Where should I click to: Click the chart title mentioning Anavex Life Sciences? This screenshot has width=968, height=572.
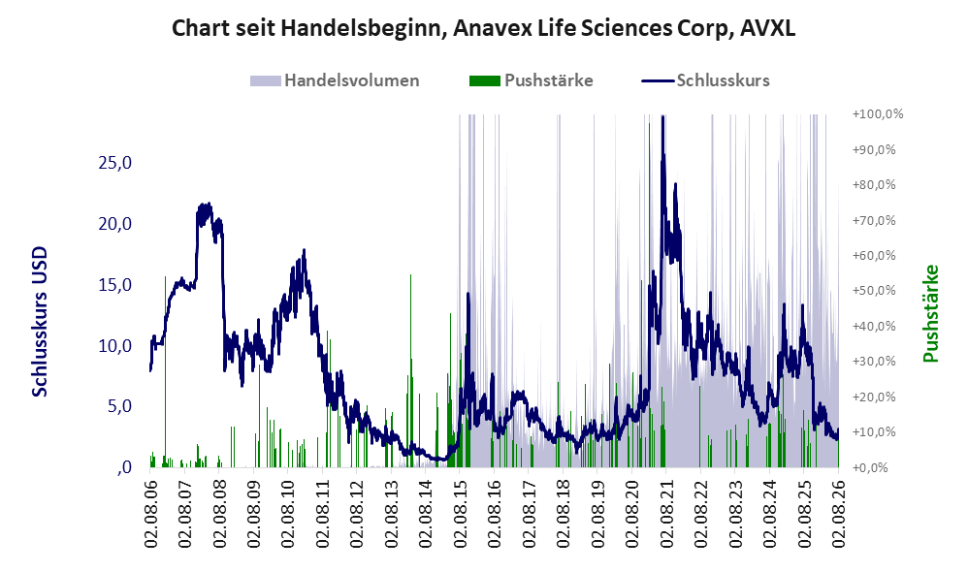(x=483, y=28)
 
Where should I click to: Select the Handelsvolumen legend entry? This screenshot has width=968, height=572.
(x=335, y=80)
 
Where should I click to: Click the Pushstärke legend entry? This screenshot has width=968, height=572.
(x=531, y=80)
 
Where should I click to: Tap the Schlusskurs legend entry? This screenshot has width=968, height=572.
(x=705, y=80)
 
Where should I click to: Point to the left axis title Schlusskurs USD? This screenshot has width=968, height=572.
(x=40, y=322)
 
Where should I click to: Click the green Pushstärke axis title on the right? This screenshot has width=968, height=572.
(x=930, y=313)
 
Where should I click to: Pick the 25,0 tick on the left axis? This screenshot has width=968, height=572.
(x=114, y=163)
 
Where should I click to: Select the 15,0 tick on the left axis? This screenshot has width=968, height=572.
(x=114, y=285)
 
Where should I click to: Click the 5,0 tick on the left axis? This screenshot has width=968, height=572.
(x=119, y=406)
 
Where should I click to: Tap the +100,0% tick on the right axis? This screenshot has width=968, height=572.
(x=877, y=114)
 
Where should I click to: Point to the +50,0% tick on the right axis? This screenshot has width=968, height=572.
(x=874, y=291)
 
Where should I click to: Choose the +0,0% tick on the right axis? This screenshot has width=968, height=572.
(x=870, y=467)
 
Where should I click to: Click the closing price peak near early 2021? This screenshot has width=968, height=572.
(x=662, y=116)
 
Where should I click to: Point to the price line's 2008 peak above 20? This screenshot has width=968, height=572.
(x=209, y=205)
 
